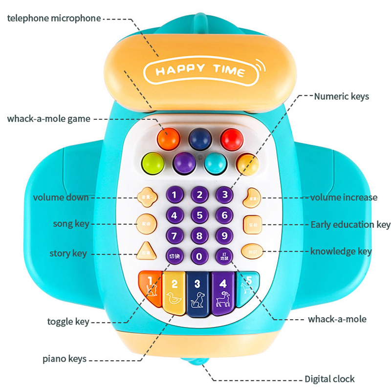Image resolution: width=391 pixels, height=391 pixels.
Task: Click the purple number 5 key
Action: [x=199, y=215]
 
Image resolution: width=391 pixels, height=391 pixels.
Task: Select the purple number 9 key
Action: [x=224, y=236]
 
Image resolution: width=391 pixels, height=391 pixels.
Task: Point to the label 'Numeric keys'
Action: [x=341, y=96]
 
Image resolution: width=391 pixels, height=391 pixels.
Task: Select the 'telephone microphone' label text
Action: [x=54, y=19]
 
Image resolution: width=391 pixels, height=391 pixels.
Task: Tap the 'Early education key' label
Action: [x=350, y=225]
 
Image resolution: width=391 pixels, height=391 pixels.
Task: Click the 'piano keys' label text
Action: [x=65, y=359]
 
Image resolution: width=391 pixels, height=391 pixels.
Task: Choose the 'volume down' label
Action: [x=61, y=197]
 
